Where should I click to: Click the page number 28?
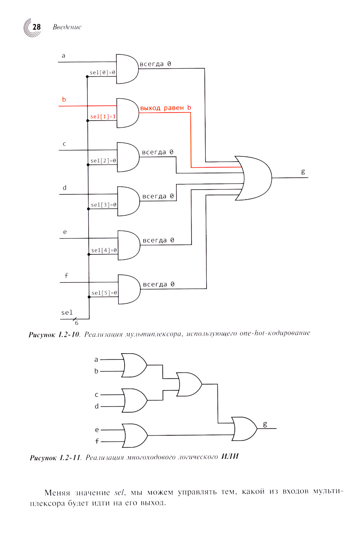[36, 27]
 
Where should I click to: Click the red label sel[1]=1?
[103, 117]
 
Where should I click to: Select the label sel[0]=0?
[103, 73]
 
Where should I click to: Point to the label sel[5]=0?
[104, 293]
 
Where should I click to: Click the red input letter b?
[64, 100]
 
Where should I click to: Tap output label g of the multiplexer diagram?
[303, 172]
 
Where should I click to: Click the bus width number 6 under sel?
[77, 323]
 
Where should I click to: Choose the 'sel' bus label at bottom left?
[67, 313]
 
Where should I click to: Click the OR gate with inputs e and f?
[135, 436]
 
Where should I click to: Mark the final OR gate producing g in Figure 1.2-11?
[244, 429]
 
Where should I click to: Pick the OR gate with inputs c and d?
[134, 400]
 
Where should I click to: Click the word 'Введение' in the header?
[67, 27]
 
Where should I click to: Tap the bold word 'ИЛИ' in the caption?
[230, 457]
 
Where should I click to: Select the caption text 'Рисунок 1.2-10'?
[54, 335]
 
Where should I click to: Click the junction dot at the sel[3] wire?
[89, 209]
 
